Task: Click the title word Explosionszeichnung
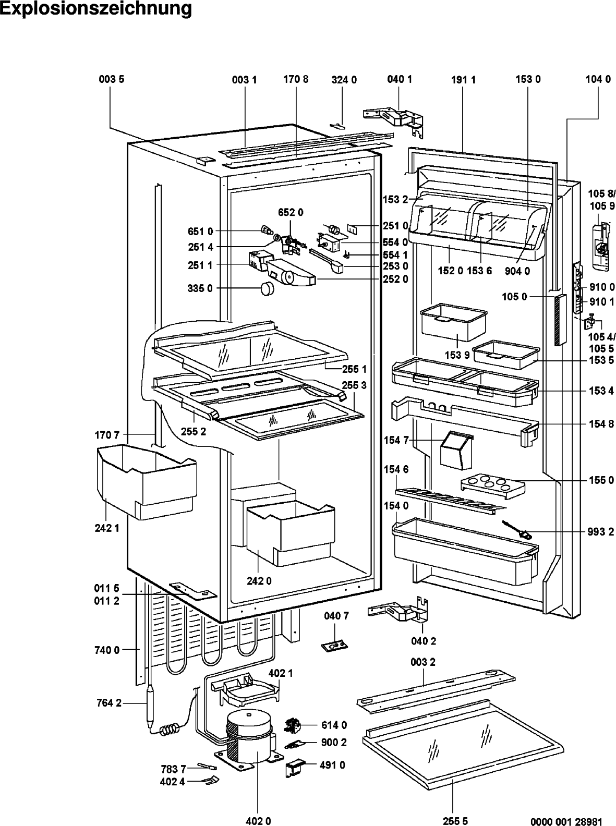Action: pos(96,9)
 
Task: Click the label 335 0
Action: pos(200,288)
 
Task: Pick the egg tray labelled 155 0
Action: pos(493,487)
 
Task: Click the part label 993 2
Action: pos(600,532)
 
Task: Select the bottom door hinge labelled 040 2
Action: pos(400,610)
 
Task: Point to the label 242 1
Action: pos(107,528)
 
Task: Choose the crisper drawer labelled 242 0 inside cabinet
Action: pos(290,533)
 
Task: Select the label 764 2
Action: pos(109,703)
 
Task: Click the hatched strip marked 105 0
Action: pos(560,320)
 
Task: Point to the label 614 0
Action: pos(334,725)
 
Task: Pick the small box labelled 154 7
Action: pos(456,451)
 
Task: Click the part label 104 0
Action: pos(598,79)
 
